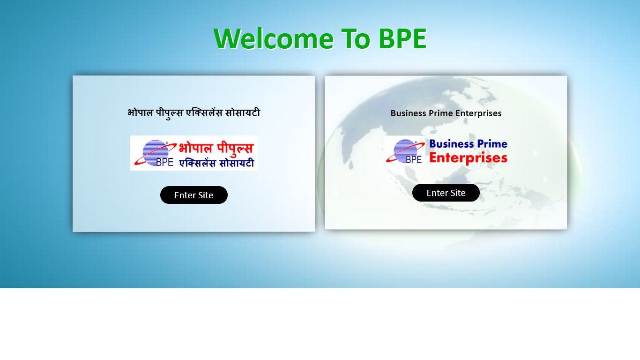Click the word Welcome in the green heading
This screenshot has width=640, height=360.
point(274,38)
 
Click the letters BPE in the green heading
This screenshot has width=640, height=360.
point(402,38)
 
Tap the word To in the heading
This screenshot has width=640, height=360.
point(356,38)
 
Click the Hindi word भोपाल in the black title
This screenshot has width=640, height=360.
point(140,113)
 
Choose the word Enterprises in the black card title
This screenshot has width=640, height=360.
point(478,113)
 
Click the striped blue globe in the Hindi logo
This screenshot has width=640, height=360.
point(156,152)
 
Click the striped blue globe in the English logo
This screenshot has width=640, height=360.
point(405,151)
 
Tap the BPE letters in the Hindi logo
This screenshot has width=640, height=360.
point(164,162)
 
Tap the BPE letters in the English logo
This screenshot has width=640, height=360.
point(414,159)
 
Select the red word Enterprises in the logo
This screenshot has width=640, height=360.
point(468,158)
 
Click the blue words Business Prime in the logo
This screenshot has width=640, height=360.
point(468,144)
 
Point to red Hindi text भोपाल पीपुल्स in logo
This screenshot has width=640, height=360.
point(216,149)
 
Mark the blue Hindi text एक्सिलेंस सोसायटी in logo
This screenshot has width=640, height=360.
point(216,163)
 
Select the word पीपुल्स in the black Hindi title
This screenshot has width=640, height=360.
point(169,113)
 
